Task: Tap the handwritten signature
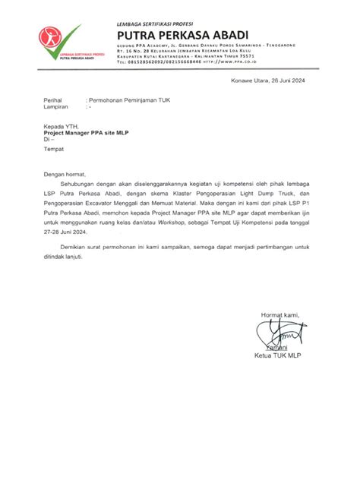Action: point(279,333)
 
